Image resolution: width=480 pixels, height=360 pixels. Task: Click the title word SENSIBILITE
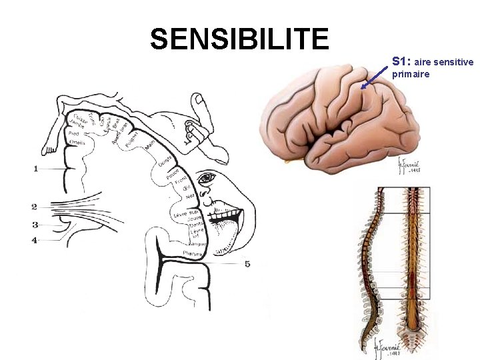click(239, 39)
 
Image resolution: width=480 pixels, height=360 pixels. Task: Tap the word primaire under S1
click(411, 74)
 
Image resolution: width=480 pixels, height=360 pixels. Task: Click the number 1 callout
click(35, 169)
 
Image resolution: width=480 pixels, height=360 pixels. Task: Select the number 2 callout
click(34, 207)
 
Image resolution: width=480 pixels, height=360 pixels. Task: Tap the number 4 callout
click(35, 239)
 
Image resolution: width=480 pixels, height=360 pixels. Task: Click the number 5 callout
click(247, 264)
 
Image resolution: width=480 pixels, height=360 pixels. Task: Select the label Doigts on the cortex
click(166, 161)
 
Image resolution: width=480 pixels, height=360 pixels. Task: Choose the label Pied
click(73, 133)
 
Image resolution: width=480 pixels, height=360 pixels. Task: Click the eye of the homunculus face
click(207, 178)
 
